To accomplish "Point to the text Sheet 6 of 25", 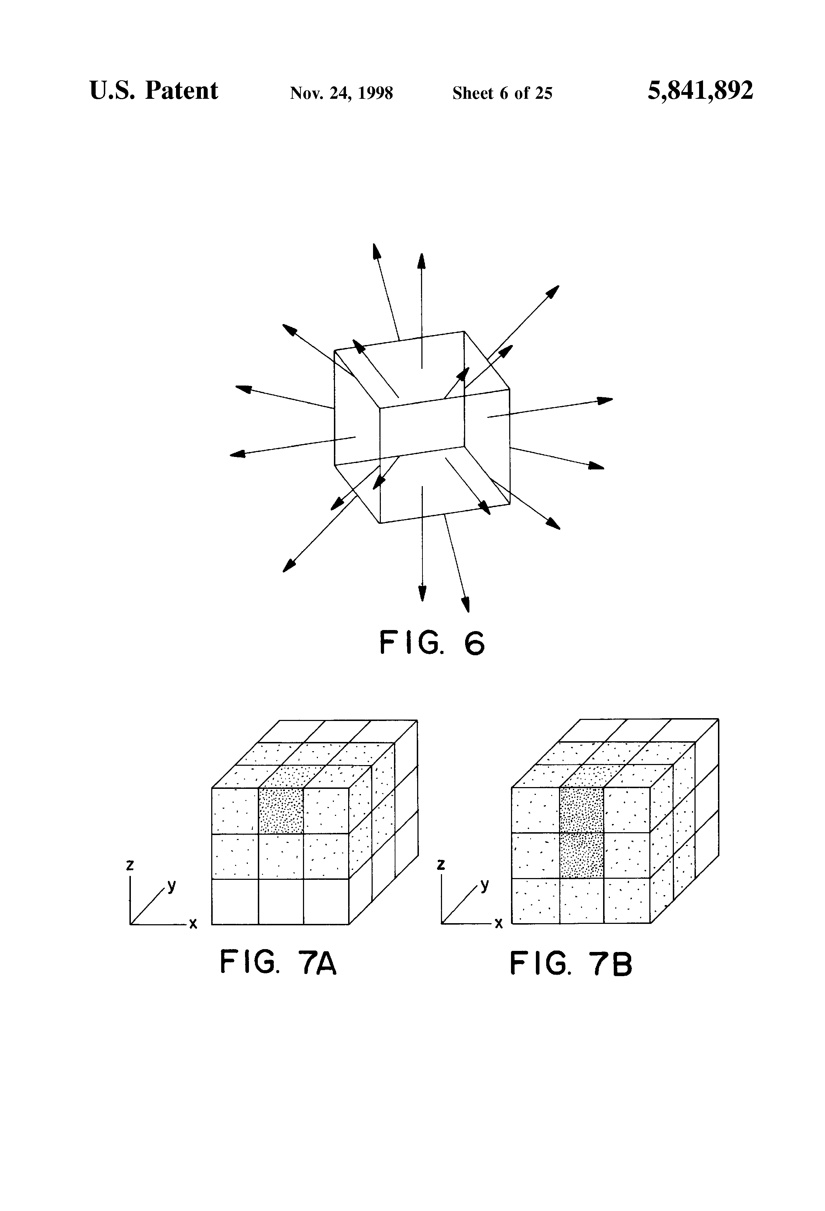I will click(502, 93).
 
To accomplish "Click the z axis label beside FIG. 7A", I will click(130, 865).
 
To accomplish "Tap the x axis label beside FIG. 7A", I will click(193, 924).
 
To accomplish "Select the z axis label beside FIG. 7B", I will click(441, 865).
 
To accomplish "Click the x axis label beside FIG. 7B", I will click(499, 924).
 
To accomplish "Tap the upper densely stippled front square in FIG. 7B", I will click(581, 810).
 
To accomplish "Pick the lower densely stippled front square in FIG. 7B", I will click(581, 855).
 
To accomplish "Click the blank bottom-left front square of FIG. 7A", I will click(235, 902).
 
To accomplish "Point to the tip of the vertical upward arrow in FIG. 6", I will click(421, 255).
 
